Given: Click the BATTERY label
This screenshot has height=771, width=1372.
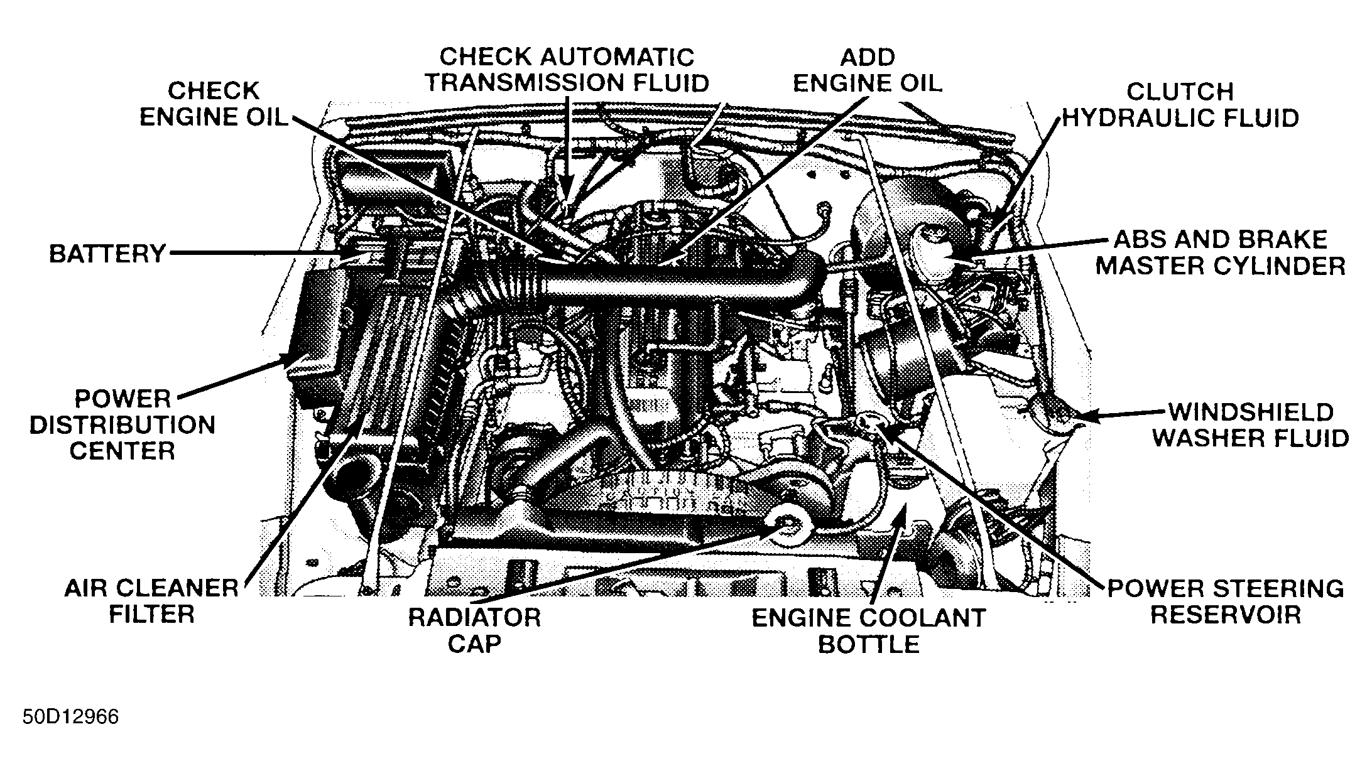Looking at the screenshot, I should tap(107, 254).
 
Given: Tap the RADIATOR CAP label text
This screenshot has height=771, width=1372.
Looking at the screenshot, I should tap(474, 630).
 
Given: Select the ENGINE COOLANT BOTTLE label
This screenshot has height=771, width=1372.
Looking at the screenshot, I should tap(869, 630).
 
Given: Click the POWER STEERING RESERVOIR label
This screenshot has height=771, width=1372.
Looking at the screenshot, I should tap(1225, 601).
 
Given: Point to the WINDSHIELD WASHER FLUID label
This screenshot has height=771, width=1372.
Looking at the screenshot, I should tap(1250, 425).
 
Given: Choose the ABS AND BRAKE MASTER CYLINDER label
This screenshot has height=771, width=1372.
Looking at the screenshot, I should tap(1221, 252).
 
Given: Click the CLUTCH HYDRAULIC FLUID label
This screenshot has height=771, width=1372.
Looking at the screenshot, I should tap(1180, 105).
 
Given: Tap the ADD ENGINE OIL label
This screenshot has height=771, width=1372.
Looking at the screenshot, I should tap(868, 70).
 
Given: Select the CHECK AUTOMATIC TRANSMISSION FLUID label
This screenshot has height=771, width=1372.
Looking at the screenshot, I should tap(567, 70).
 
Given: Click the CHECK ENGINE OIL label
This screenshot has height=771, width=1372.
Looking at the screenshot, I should tap(214, 104).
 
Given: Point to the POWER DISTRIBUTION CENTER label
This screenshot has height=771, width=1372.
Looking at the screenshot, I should tap(122, 425).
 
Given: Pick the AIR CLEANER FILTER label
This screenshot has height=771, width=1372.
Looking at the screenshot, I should tap(151, 601).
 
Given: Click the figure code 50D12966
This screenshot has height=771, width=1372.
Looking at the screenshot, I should tap(70, 717).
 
